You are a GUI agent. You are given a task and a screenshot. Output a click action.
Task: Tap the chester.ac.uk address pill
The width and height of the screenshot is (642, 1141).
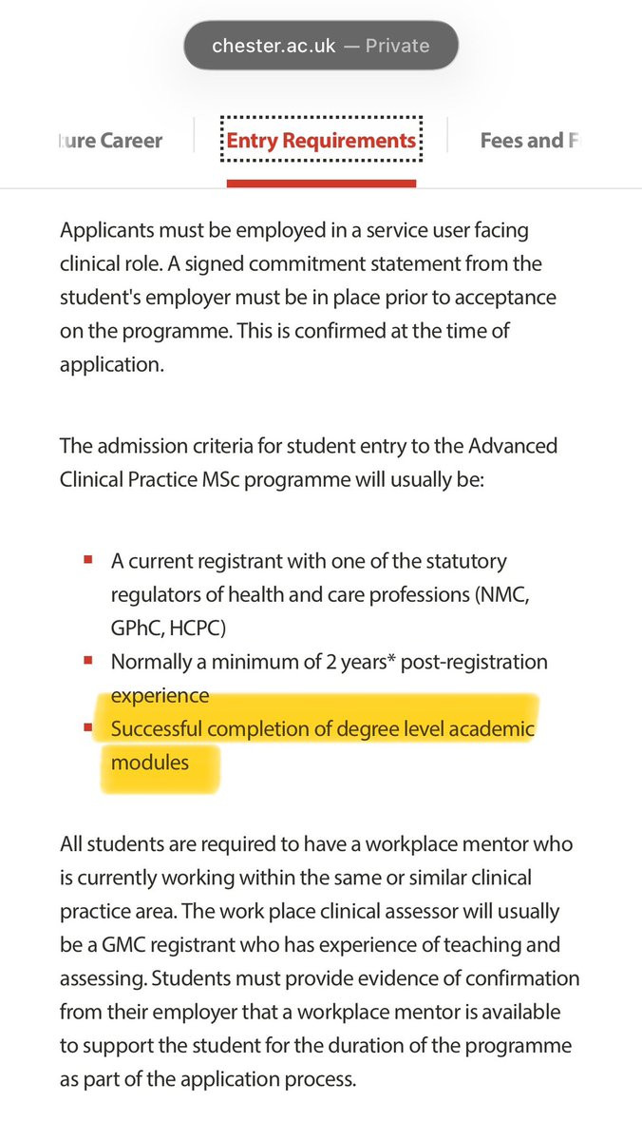pyautogui.click(x=321, y=46)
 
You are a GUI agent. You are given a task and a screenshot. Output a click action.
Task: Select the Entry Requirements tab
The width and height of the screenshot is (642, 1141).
pyautogui.click(x=321, y=141)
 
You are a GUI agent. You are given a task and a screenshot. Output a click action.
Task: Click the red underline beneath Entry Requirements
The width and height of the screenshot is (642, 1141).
pyautogui.click(x=321, y=182)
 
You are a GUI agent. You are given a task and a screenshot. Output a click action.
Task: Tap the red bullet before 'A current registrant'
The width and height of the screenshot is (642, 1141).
pyautogui.click(x=87, y=562)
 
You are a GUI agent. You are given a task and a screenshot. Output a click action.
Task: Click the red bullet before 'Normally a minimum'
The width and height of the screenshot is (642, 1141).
pyautogui.click(x=87, y=661)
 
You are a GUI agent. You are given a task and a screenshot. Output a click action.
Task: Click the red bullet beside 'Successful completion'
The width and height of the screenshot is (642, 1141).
pyautogui.click(x=87, y=730)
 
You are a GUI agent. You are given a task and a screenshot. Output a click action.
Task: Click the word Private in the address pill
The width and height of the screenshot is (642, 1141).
pyautogui.click(x=398, y=46)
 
